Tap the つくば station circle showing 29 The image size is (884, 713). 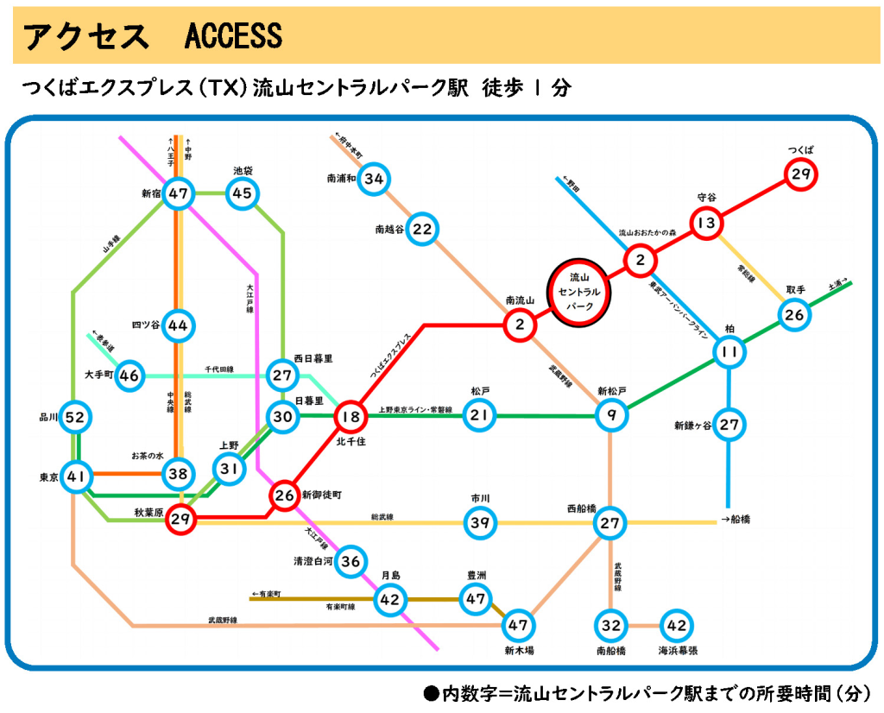click(x=800, y=175)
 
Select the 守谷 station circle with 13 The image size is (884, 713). click(x=706, y=224)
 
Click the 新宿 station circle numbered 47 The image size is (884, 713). click(x=179, y=193)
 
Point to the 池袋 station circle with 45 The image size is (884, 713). click(x=243, y=193)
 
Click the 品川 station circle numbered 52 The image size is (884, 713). click(x=76, y=418)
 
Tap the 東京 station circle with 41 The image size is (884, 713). click(x=76, y=476)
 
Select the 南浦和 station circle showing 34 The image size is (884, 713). click(x=374, y=180)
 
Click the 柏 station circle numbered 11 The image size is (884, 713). click(x=729, y=352)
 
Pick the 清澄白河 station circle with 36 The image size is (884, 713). click(x=350, y=561)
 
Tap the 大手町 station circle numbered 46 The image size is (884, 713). click(x=129, y=375)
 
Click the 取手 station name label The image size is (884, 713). click(x=795, y=289)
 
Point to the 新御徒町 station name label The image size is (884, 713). click(x=321, y=495)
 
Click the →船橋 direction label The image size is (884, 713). click(x=735, y=520)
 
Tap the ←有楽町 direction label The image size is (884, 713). click(x=267, y=594)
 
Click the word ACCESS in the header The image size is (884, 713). click(x=233, y=36)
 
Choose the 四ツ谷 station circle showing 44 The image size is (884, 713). click(x=178, y=325)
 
